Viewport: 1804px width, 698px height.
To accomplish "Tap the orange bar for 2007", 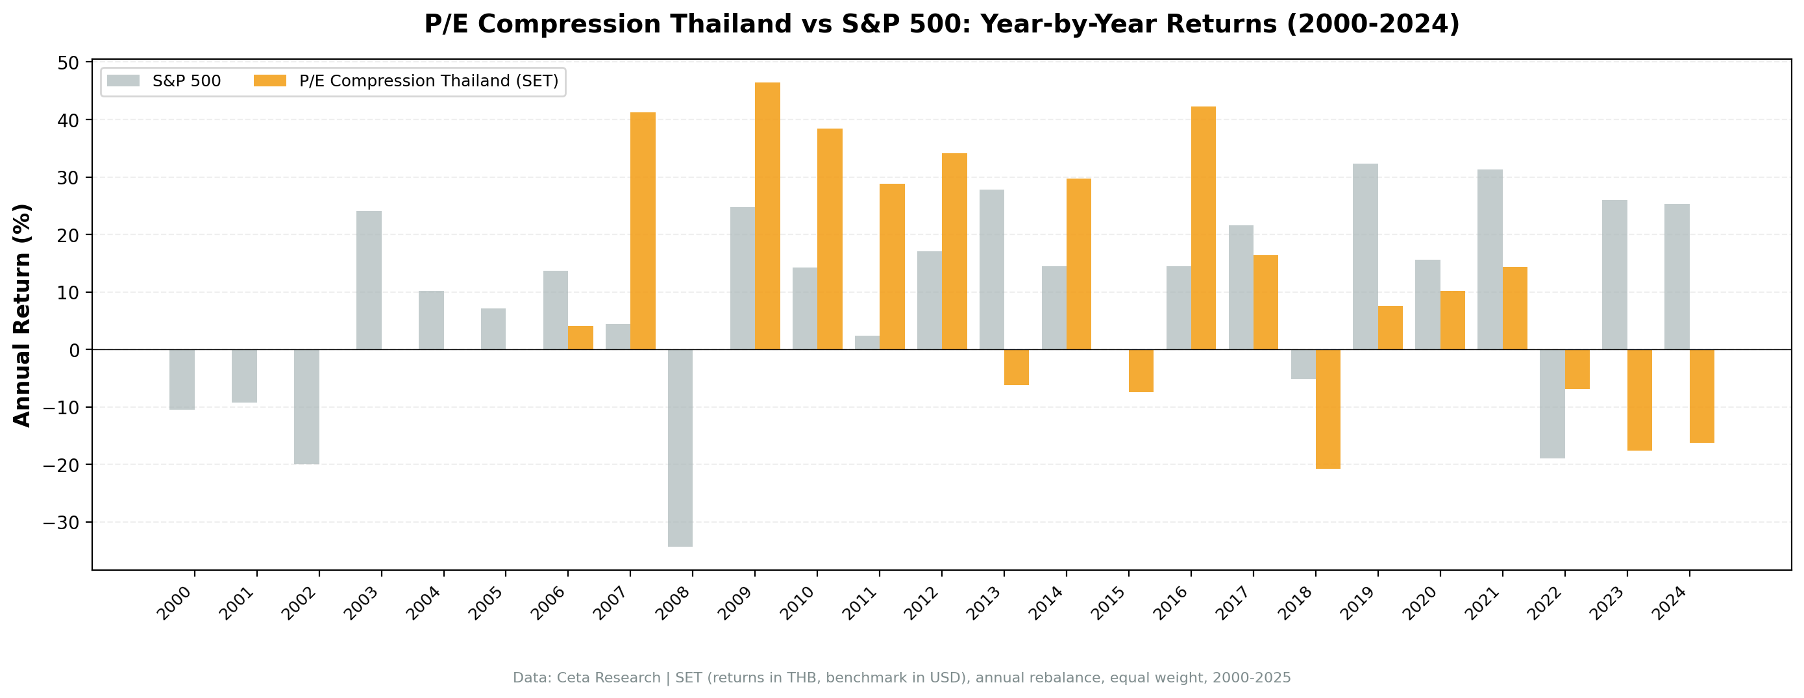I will pos(642,231).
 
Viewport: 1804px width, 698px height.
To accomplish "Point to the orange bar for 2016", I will pos(1203,228).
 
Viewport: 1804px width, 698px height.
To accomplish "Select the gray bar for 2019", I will pos(1365,256).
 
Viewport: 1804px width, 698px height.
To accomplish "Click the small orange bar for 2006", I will pos(580,338).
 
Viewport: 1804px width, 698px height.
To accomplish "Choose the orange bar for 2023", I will pos(1638,399).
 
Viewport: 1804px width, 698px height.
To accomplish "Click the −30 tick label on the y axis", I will pos(62,523).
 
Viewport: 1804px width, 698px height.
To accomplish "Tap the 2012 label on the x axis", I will pos(922,603).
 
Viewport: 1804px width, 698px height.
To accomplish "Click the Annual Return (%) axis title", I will pos(23,316).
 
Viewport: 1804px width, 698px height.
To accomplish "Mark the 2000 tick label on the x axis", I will pos(174,603).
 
